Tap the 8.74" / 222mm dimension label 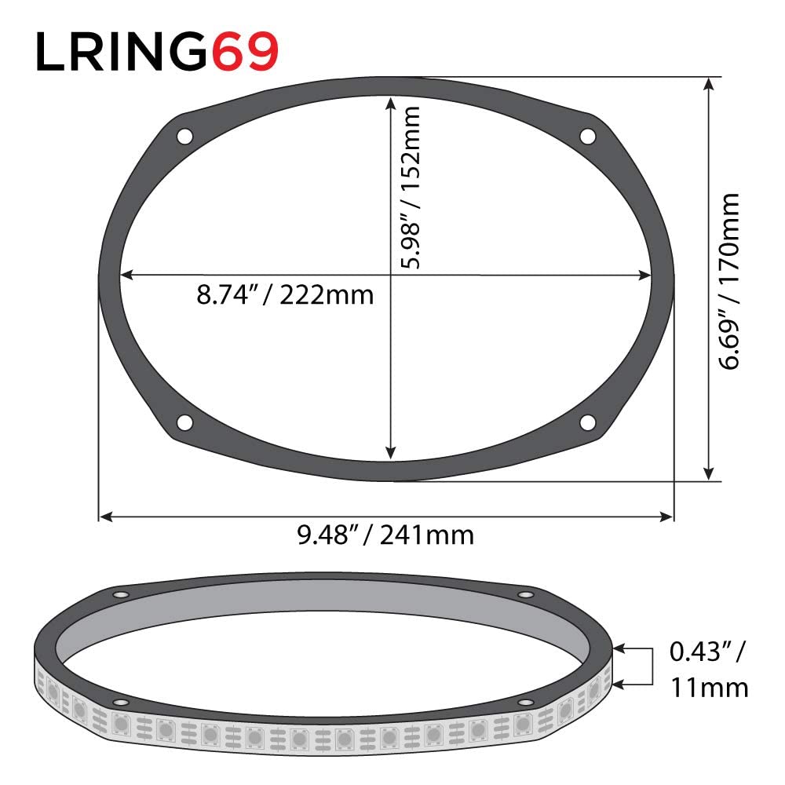(x=285, y=297)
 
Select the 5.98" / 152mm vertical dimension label (x=409, y=188)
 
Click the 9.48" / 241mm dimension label (x=385, y=536)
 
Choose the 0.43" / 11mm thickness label (x=708, y=670)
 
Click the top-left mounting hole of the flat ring (x=184, y=136)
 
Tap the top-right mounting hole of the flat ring (x=587, y=136)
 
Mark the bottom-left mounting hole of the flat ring (x=184, y=422)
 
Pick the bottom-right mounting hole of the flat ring (x=587, y=422)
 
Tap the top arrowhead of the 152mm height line (x=390, y=102)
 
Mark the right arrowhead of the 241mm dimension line (x=668, y=517)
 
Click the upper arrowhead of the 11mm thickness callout (x=620, y=649)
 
